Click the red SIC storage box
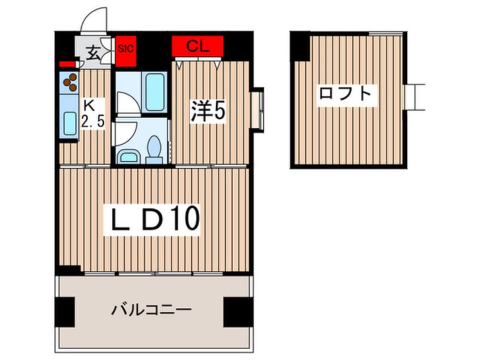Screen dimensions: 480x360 (126, 51)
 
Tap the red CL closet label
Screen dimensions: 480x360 (197, 46)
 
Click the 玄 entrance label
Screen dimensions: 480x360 (92, 53)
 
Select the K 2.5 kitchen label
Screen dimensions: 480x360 (92, 114)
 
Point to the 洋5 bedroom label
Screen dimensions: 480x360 (208, 111)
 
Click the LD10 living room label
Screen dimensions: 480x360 (152, 219)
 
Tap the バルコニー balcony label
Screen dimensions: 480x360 (151, 310)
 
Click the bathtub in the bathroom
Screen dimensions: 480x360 (154, 92)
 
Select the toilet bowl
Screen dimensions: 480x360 (154, 149)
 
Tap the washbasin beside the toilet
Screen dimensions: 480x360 (128, 157)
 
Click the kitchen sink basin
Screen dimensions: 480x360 (70, 123)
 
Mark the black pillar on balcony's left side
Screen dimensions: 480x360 (65, 312)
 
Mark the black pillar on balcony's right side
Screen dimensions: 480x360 (238, 312)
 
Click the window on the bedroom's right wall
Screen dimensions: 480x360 (257, 110)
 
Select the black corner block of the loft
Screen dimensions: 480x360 (300, 46)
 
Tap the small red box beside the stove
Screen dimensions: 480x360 (67, 64)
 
